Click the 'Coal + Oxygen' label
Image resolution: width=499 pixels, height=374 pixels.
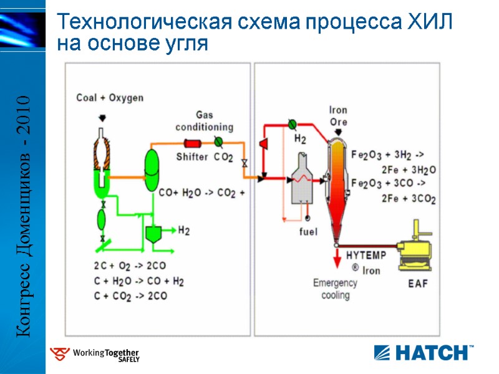pos(110,98)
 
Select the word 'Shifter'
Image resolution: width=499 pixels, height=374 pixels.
pos(192,157)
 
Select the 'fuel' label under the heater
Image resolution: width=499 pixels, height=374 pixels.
pos(308,232)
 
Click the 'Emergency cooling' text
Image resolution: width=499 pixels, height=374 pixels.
pos(335,289)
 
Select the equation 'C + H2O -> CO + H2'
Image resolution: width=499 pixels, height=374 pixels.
pos(138,282)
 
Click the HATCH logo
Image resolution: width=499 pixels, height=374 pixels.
pos(423,352)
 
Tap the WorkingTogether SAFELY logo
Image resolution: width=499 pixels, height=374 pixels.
pos(95,355)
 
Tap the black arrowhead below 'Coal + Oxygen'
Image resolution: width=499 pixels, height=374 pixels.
pos(102,117)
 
